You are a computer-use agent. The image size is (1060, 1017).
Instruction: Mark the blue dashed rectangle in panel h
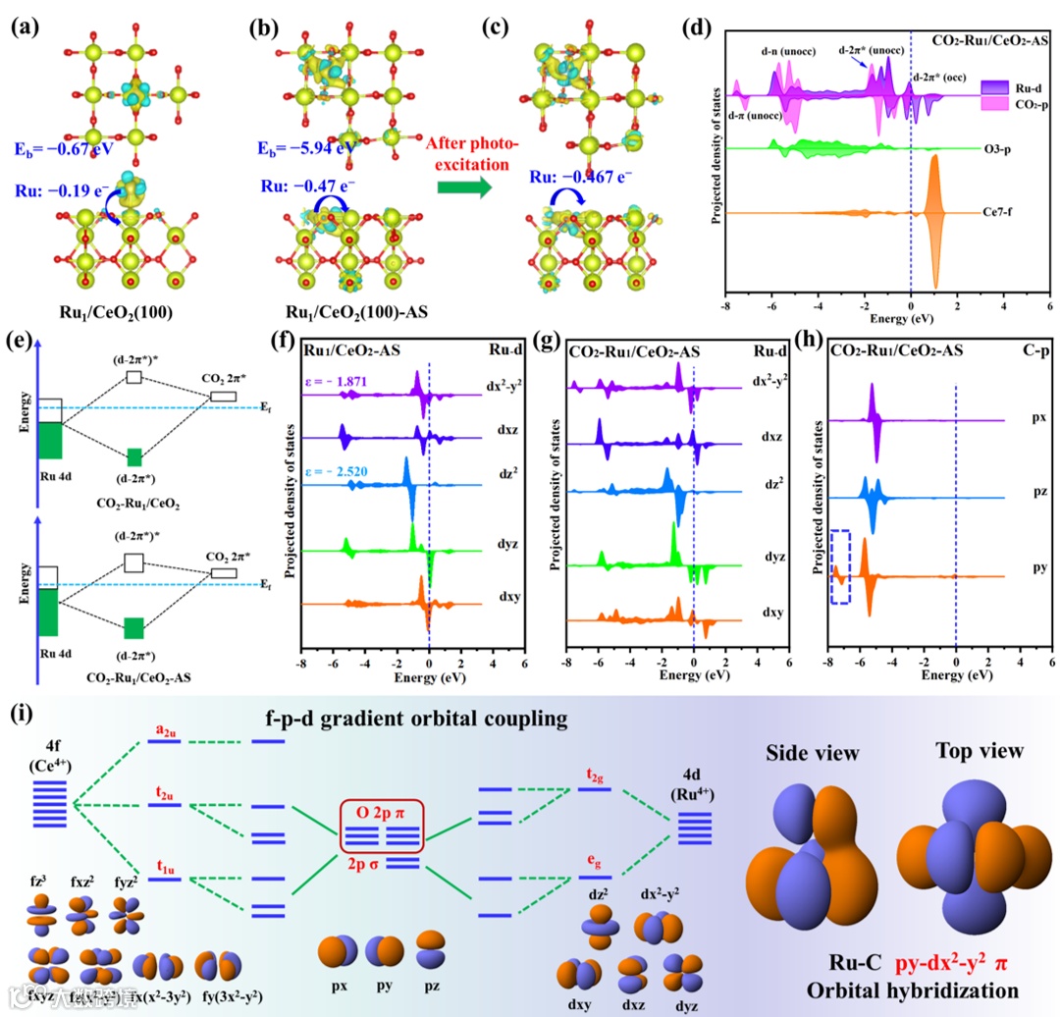click(x=840, y=566)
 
